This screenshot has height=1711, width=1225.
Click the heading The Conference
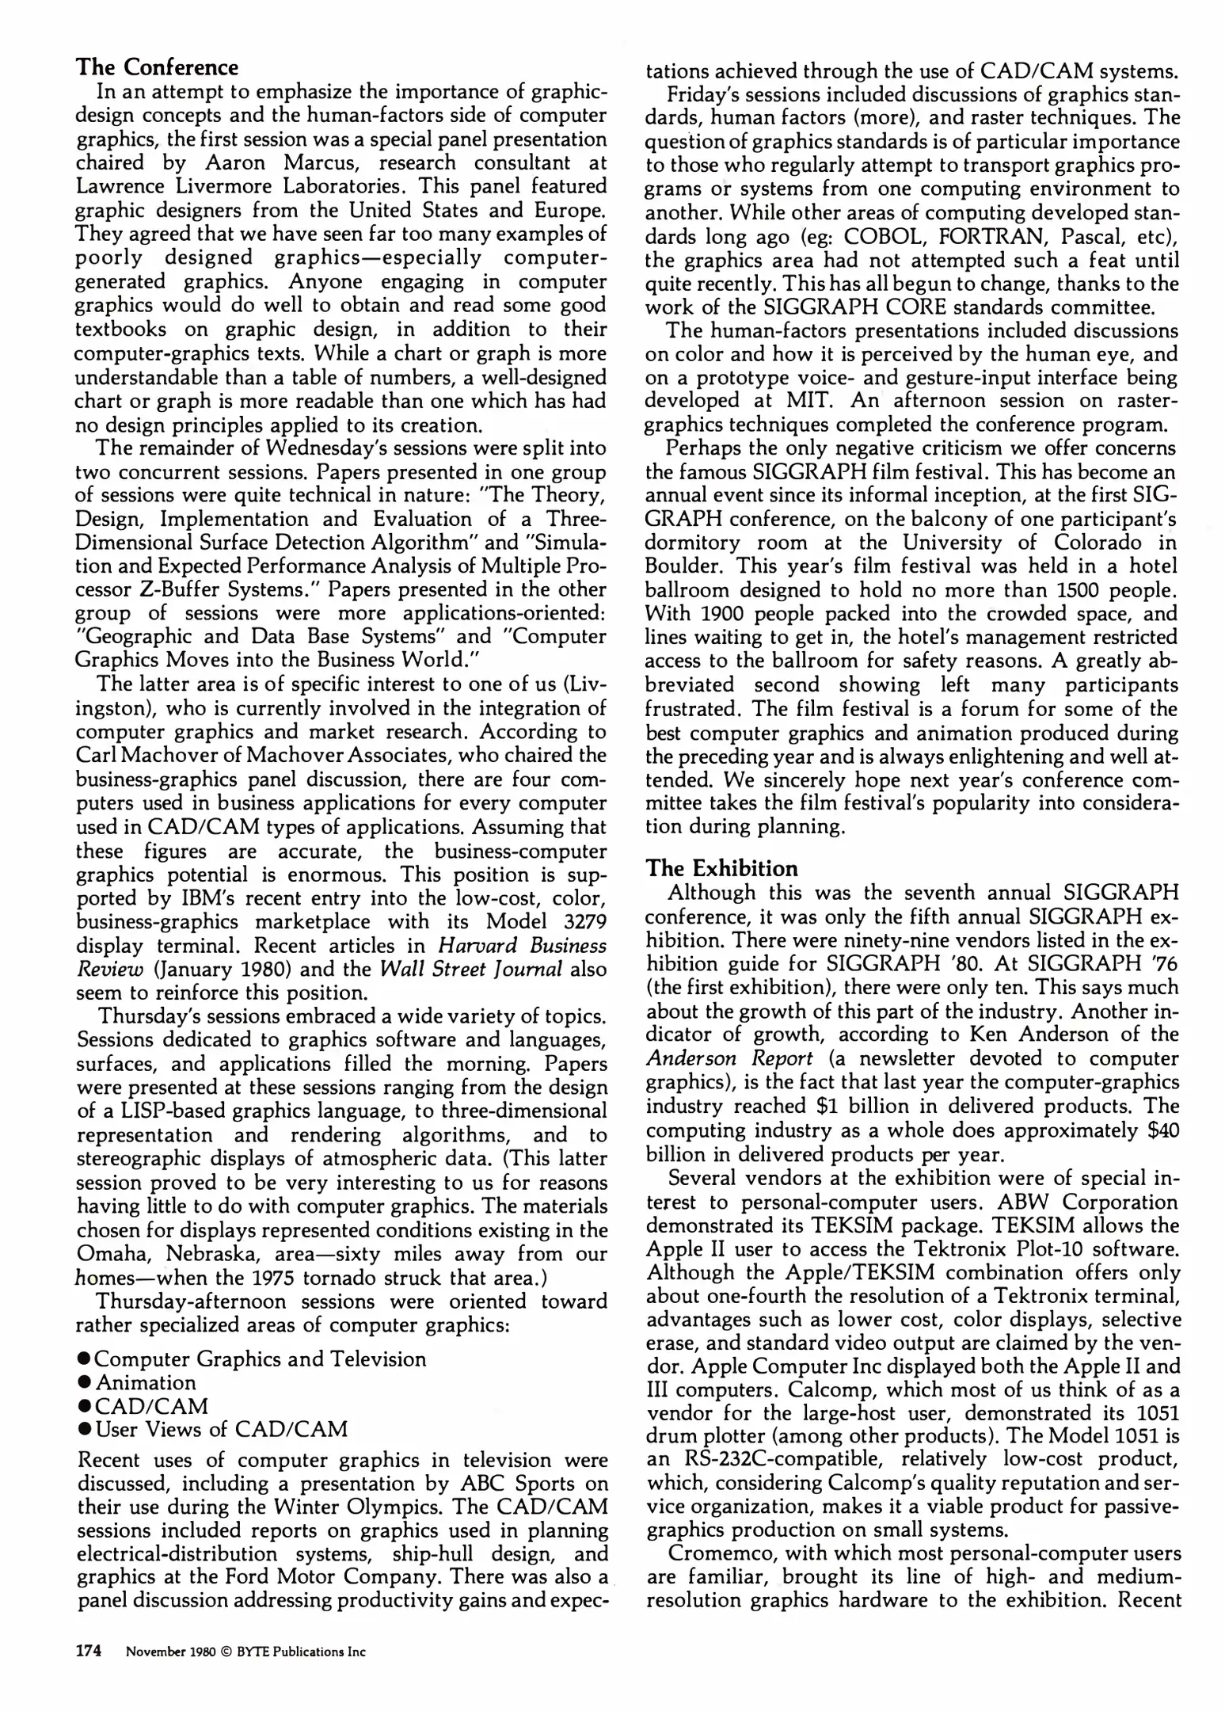click(157, 67)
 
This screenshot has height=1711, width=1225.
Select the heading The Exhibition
click(722, 867)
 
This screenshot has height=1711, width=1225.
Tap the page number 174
click(89, 1651)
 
